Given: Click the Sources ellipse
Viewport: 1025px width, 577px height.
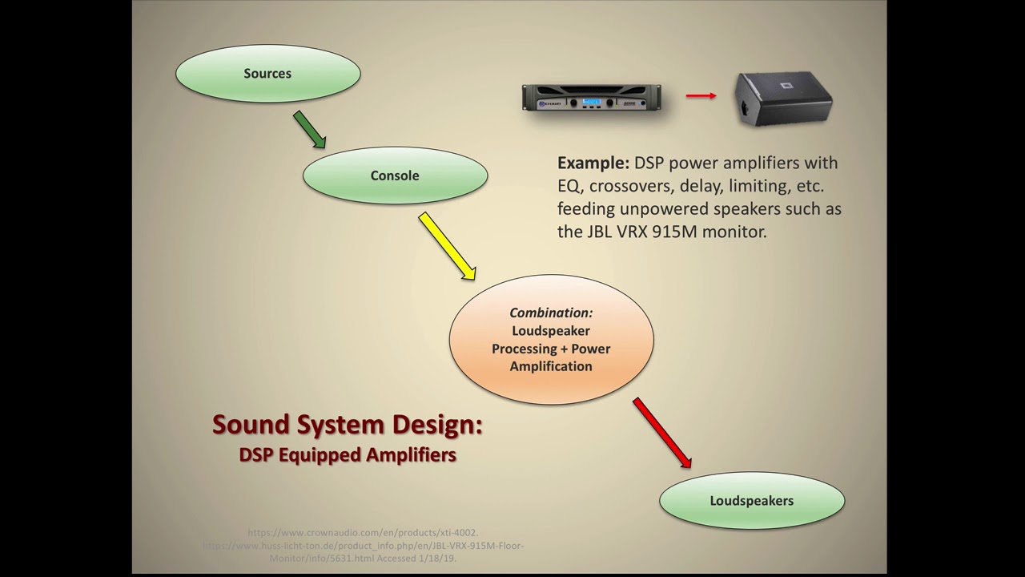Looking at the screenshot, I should pos(267,73).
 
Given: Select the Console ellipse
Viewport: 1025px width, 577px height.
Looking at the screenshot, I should pos(395,176).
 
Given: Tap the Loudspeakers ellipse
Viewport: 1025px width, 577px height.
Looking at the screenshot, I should pos(751,501).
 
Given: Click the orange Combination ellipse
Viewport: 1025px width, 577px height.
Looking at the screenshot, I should pos(551,339).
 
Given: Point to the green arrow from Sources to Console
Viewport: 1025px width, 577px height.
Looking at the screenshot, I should pos(309,130).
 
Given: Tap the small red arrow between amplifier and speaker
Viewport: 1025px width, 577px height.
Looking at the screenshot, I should pos(701,96).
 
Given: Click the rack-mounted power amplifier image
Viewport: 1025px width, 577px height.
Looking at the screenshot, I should pos(592,98).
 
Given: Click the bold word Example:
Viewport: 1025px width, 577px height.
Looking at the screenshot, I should pos(593,163).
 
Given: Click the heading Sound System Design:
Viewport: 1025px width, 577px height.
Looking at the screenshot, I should pos(347,424).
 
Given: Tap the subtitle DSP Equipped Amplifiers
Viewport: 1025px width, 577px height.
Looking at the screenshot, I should pos(347,454).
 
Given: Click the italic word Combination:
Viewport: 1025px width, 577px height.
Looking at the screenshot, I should pos(551,313).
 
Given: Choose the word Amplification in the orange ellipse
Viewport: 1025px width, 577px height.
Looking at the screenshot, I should pos(551,366).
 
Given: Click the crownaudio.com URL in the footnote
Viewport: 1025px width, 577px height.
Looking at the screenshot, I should pos(363,532).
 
